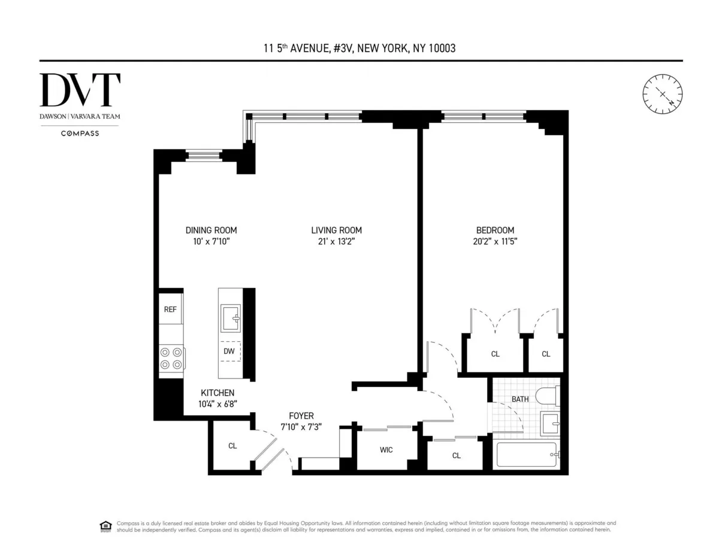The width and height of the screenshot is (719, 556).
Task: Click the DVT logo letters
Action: point(80,91)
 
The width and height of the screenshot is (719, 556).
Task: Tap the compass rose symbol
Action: point(663,94)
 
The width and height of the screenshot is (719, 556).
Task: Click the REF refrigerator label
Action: point(170,309)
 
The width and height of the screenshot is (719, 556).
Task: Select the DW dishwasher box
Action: point(229,351)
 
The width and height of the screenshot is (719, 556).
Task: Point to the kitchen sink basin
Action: point(231,318)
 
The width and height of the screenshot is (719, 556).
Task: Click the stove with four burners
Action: point(171,358)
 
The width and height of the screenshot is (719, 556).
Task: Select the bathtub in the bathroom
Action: point(527,456)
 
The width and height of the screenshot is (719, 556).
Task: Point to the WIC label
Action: point(386,450)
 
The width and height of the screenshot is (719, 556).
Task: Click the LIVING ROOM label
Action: point(336,230)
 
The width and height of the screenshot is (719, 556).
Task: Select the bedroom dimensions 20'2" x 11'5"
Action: point(495,242)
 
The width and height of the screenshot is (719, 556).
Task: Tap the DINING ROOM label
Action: point(211,230)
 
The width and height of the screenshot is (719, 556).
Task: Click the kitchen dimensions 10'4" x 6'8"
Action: point(217,404)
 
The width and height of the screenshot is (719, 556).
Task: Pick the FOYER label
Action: point(301,416)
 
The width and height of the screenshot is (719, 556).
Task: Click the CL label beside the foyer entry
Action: point(232,446)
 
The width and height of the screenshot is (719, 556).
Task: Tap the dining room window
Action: point(203,156)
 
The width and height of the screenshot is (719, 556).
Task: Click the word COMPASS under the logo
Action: point(80,133)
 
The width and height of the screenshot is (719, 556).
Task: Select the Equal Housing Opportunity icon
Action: point(105,527)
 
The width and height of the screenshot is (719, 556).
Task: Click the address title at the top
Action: point(359,48)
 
